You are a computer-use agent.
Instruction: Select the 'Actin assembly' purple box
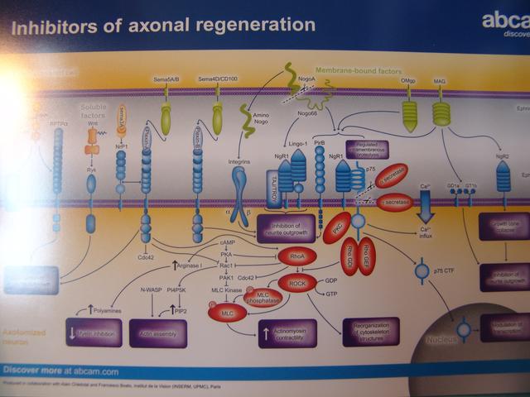click(157, 333)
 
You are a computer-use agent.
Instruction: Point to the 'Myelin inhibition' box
click(92, 333)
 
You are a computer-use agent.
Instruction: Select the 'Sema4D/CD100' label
click(217, 79)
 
